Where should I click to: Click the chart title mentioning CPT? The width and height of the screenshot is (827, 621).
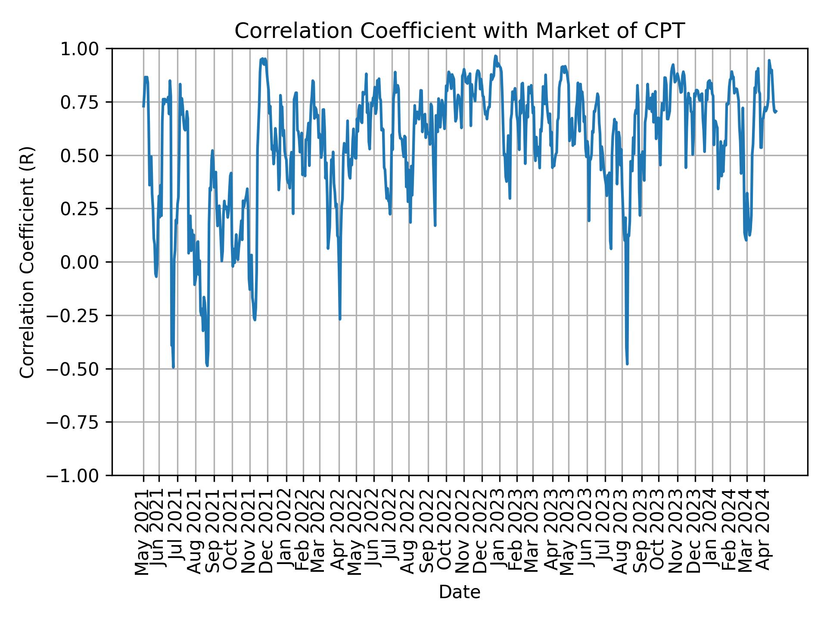coord(459,31)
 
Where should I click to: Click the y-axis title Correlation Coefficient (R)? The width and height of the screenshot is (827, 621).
coord(27,262)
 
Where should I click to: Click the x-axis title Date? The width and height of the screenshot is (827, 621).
coord(459,592)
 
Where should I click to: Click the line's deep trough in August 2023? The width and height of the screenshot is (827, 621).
coord(627,364)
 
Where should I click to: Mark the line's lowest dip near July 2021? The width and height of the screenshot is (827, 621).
coord(173,367)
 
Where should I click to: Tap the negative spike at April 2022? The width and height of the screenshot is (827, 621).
coord(340,319)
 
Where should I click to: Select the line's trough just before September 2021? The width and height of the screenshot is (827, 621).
coord(207,366)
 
